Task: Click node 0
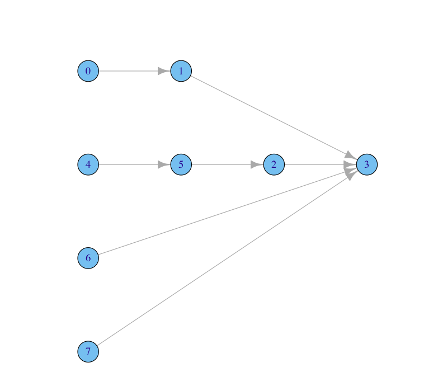click(x=88, y=71)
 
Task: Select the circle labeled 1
click(x=181, y=71)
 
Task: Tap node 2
click(x=274, y=164)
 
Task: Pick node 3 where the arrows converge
click(x=366, y=164)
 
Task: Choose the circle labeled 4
click(x=88, y=164)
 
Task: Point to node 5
click(x=181, y=164)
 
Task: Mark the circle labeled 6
click(x=88, y=258)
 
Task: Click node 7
click(x=88, y=351)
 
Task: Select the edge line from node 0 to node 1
click(x=129, y=71)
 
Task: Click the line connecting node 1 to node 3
click(x=268, y=115)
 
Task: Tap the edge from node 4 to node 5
click(x=129, y=164)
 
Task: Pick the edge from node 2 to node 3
click(x=313, y=164)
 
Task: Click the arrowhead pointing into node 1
click(x=164, y=71)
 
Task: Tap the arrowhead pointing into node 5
click(x=164, y=164)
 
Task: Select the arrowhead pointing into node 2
click(x=257, y=164)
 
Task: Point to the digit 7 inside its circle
click(x=88, y=351)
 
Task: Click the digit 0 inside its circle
click(x=88, y=71)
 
